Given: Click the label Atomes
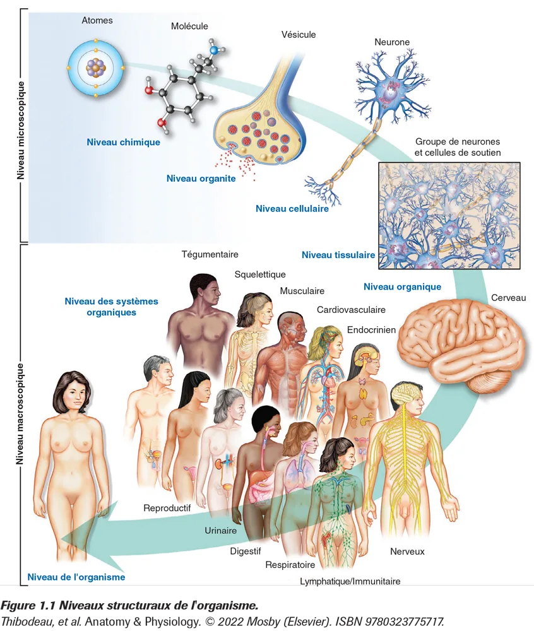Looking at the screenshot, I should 97,20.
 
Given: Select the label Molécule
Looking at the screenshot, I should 189,26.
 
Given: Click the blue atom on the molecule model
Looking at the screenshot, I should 214,49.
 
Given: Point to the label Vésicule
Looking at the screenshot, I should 299,35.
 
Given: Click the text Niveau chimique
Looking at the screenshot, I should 123,142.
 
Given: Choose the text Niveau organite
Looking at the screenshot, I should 201,179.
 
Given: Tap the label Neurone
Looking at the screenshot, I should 392,42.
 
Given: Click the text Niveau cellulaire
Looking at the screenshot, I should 292,208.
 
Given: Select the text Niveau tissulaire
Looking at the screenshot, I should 338,255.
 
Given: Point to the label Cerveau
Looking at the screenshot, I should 508,297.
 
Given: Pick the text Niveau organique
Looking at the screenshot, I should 402,286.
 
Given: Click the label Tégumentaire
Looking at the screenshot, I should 210,254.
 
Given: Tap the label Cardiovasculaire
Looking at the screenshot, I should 351,310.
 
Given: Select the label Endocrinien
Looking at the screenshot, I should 371,329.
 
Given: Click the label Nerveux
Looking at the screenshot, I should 407,551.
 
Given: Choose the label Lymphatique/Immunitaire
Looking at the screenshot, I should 350,581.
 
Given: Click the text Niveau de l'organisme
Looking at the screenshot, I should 76,577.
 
